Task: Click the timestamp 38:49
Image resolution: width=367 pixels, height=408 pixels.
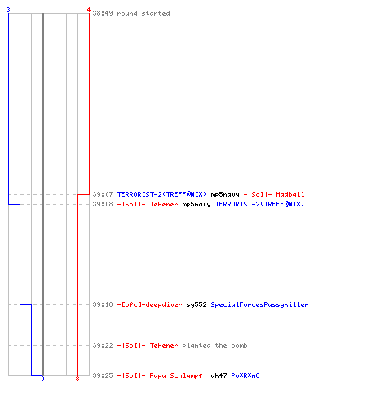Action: (103, 13)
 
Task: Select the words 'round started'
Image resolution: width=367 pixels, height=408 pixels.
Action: (144, 13)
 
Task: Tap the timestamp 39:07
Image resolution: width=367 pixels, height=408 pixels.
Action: (103, 194)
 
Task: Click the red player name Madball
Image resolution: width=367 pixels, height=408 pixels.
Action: (290, 194)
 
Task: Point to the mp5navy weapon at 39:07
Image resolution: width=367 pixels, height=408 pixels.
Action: (225, 194)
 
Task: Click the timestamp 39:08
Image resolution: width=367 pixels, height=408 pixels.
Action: (103, 204)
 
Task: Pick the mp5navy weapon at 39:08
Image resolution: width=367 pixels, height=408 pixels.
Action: (197, 204)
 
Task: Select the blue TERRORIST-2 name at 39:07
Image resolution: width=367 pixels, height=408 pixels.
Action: (161, 194)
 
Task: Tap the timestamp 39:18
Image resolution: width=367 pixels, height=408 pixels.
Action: (103, 304)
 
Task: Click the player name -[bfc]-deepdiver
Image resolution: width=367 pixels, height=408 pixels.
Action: (149, 304)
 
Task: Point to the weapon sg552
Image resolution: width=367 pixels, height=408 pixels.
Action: (197, 304)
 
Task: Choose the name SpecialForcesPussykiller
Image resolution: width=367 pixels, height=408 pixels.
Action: (259, 304)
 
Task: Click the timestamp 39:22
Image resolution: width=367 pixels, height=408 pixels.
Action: (103, 345)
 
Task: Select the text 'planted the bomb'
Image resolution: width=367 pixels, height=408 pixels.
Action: (214, 345)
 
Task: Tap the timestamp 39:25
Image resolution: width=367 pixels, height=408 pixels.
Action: (103, 375)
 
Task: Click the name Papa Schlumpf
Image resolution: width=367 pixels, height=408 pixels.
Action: (176, 375)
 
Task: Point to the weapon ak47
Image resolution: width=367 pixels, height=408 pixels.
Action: (219, 375)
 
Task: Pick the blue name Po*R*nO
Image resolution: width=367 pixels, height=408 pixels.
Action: (245, 375)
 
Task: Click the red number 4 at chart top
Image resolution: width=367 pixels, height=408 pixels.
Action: (89, 10)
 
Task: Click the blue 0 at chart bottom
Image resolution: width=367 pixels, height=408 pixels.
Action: (42, 379)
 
